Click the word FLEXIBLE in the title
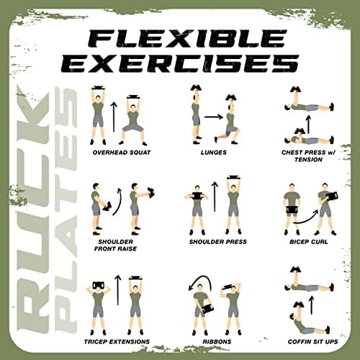(x=188, y=38)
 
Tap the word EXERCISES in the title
(x=180, y=63)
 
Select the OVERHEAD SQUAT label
(x=122, y=153)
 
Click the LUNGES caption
(x=214, y=153)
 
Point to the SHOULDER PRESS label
(x=218, y=242)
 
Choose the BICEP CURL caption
(x=309, y=242)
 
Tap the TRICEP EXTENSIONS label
(x=117, y=341)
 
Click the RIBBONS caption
(x=217, y=341)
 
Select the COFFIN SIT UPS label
(x=313, y=341)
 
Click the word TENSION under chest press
(x=309, y=160)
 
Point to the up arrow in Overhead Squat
(x=114, y=117)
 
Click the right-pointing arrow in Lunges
(x=214, y=117)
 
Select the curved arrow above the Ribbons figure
(x=201, y=278)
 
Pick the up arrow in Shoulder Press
(x=215, y=197)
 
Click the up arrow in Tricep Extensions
(x=117, y=290)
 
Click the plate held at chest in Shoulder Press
(x=197, y=197)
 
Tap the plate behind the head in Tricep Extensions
(x=98, y=285)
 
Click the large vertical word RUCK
(x=33, y=210)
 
